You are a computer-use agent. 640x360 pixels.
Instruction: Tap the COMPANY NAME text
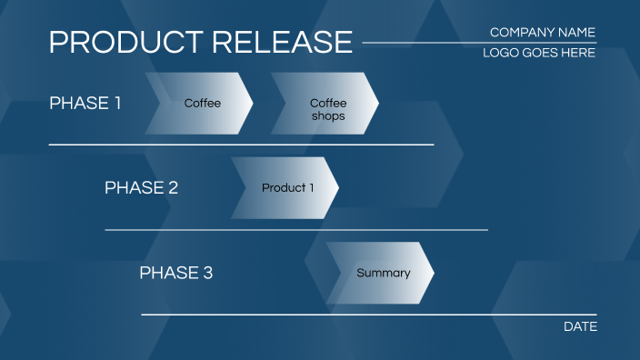542,33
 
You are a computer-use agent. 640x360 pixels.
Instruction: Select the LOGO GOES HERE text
539,54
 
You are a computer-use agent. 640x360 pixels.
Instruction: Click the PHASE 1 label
85,104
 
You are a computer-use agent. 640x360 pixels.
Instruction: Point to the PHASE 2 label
141,188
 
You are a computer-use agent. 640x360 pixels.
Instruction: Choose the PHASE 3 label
175,273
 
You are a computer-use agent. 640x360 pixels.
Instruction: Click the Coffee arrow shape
200,104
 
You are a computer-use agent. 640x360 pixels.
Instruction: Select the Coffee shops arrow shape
325,104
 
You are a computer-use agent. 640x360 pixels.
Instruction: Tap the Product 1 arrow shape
285,188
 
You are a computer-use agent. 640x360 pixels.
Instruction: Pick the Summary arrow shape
381,273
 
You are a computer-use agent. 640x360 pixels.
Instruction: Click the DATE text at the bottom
580,326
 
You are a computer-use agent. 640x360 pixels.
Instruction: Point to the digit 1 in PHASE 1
116,104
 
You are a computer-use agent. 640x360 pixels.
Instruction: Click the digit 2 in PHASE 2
173,188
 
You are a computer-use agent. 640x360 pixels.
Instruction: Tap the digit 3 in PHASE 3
207,273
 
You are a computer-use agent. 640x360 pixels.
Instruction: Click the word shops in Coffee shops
328,116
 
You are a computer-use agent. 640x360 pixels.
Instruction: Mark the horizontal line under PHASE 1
241,145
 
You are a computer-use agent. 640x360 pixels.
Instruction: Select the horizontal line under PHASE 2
296,230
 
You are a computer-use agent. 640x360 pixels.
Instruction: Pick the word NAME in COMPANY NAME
575,33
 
